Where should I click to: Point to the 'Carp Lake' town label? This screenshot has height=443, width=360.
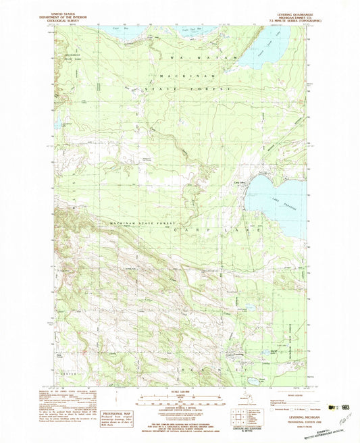pyautogui.click(x=239, y=182)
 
